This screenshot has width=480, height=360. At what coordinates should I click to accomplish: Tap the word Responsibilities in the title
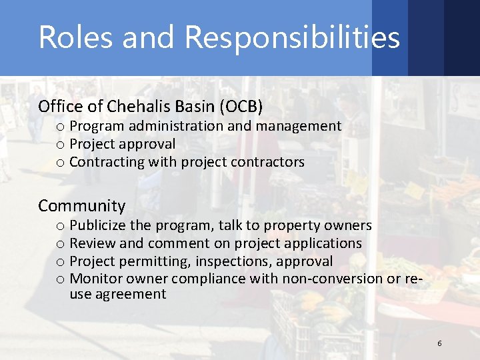click(292, 38)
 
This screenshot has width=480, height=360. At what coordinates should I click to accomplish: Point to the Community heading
click(81, 206)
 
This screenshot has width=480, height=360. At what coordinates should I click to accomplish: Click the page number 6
click(439, 343)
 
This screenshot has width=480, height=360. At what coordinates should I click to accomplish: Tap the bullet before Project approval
click(60, 145)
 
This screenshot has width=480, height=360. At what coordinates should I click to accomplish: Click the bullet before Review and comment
click(60, 244)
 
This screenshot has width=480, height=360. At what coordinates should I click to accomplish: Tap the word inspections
click(233, 261)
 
